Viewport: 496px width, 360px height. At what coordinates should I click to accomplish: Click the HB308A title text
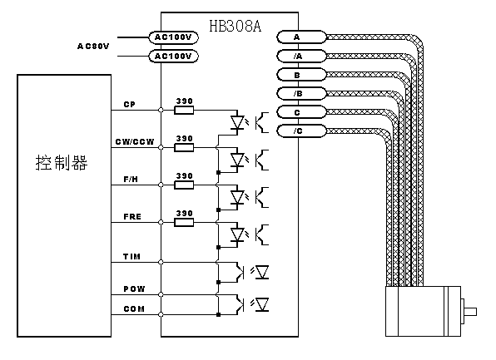point(236,26)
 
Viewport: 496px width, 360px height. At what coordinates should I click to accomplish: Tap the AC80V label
point(93,47)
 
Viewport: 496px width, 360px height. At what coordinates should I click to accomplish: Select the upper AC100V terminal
point(173,37)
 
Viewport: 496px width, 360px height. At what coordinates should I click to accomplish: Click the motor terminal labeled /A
point(301,57)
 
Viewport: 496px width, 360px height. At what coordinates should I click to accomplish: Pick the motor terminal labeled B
point(301,75)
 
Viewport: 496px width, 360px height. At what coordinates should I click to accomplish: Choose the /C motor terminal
point(301,131)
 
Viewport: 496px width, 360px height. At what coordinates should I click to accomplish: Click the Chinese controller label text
point(62,163)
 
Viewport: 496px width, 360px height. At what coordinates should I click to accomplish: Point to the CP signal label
point(129,104)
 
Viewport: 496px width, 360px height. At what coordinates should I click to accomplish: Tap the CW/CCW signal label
point(135,142)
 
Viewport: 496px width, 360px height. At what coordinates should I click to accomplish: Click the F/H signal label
point(131,180)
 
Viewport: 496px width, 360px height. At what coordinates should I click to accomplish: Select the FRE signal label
point(132,216)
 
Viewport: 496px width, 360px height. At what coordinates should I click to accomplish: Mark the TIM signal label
point(132,256)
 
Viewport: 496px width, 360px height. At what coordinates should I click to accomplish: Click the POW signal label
point(134,288)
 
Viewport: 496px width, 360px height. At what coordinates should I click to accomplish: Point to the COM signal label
point(134,308)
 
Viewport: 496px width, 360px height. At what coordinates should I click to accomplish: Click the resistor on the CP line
point(184,110)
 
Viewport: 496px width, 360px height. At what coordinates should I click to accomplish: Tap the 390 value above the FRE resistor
point(185,214)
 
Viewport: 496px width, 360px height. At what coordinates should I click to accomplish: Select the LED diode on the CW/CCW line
point(237,160)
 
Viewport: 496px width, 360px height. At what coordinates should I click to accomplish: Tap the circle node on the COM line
point(161,314)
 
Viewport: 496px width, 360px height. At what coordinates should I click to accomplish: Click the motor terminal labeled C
point(301,112)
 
